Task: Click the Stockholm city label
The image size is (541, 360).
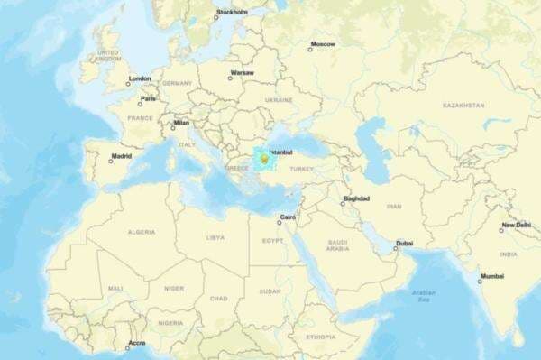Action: click(233, 13)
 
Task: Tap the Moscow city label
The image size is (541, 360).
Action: click(323, 44)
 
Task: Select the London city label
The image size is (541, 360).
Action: click(140, 78)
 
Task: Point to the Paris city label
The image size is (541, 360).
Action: click(148, 98)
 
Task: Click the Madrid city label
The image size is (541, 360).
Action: click(121, 157)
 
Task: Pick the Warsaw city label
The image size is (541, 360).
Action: click(242, 72)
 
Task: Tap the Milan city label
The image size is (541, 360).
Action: click(181, 123)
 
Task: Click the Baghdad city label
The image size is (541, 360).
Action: click(355, 198)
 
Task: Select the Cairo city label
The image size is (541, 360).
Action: click(289, 217)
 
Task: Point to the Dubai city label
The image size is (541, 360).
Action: click(404, 243)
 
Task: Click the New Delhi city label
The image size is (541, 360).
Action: click(517, 225)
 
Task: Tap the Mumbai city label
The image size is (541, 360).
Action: click(492, 276)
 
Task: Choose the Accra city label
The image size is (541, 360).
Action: click(136, 343)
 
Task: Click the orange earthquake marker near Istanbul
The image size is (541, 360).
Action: click(263, 159)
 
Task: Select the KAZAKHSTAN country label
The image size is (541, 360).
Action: click(463, 106)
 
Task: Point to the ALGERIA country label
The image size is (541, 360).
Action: click(142, 232)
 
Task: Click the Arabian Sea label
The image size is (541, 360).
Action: click(423, 295)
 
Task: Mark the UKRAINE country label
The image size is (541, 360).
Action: click(279, 100)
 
